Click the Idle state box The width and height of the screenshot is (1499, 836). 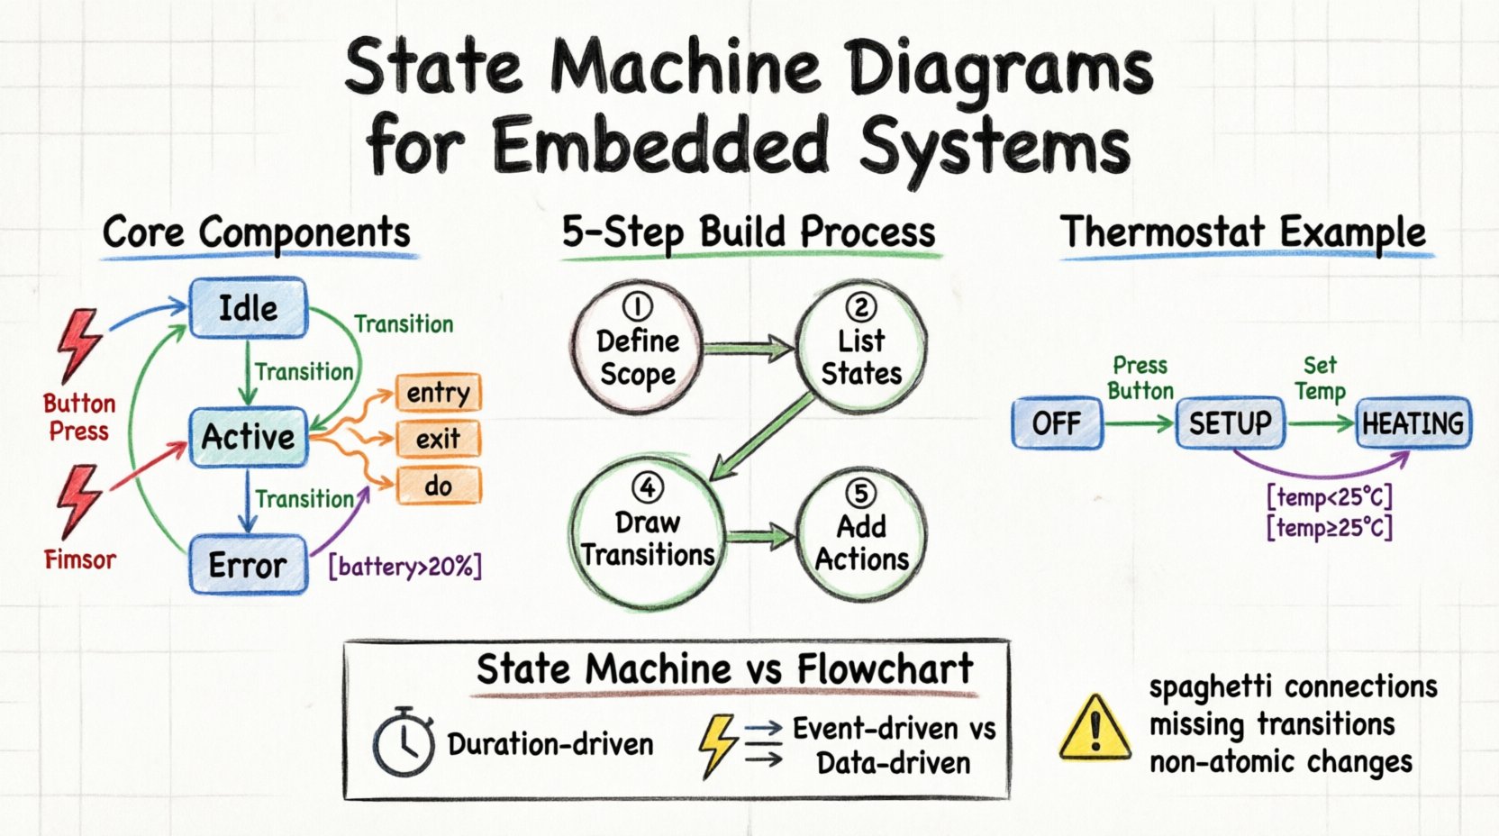click(x=248, y=308)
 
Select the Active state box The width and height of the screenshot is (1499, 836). click(x=248, y=437)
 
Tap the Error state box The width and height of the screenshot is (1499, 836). click(x=248, y=565)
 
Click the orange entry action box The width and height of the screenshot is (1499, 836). click(x=438, y=393)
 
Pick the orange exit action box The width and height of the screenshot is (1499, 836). click(x=438, y=439)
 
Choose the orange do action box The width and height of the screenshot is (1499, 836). click(x=438, y=486)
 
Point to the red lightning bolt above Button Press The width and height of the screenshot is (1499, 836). click(x=79, y=345)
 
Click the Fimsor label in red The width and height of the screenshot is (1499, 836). click(x=80, y=559)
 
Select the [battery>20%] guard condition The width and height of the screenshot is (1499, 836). click(x=405, y=567)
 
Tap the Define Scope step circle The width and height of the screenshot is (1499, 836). click(x=638, y=347)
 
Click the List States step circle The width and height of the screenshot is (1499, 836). click(x=861, y=347)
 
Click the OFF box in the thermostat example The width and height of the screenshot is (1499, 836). click(x=1057, y=423)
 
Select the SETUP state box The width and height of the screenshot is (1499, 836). click(x=1230, y=423)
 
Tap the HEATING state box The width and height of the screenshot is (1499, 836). click(x=1413, y=423)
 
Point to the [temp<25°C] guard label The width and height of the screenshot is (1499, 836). click(x=1330, y=496)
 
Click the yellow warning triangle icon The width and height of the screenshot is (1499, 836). click(x=1095, y=728)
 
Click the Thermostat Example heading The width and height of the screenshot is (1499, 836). click(x=1243, y=232)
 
